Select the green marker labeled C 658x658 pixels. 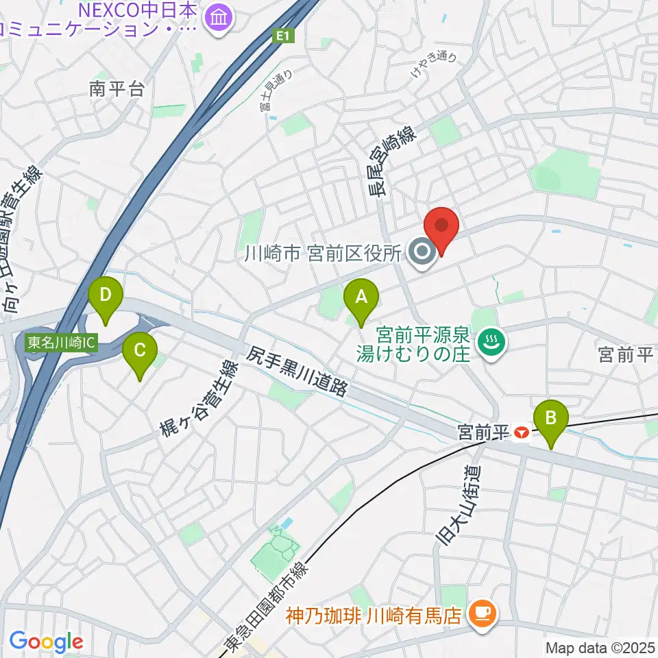pos(139,352)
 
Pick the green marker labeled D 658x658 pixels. pos(105,296)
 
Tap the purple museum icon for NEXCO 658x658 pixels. pos(219,14)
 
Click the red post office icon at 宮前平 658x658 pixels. pos(522,432)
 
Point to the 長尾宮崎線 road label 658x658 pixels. pos(376,168)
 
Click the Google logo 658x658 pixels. pos(46,642)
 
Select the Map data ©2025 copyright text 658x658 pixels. pos(600,648)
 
